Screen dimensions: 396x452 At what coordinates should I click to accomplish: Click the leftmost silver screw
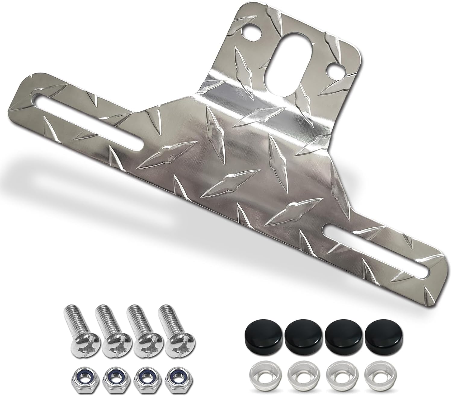(x=75, y=333)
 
